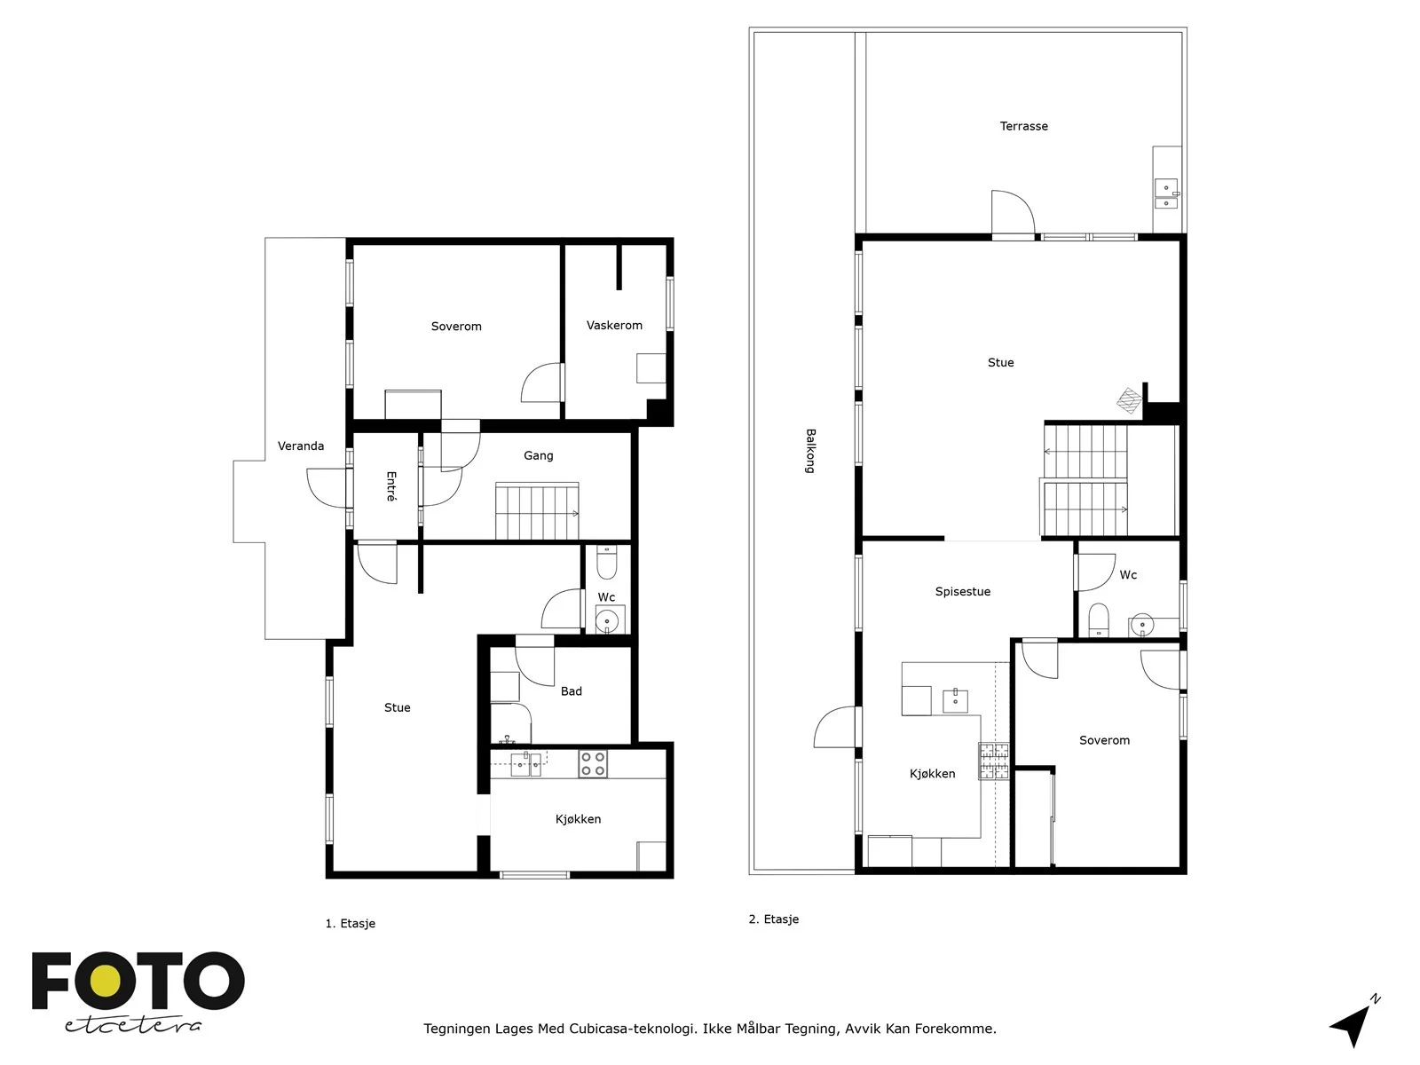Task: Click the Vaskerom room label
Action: coord(614,325)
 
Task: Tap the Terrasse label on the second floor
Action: coord(1023,126)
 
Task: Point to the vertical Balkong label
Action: coord(810,451)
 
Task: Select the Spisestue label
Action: coord(963,592)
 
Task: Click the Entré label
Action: coord(390,486)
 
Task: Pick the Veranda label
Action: coord(301,446)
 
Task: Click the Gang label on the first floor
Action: coord(538,456)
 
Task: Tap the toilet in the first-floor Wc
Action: coord(606,562)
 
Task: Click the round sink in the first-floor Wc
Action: coord(607,621)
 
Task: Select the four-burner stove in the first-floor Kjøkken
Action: coord(593,763)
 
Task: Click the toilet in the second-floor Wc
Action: coord(1099,620)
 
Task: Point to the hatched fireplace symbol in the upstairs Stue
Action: coord(1129,400)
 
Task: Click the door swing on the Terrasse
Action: coord(1014,213)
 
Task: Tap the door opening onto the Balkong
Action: coord(836,727)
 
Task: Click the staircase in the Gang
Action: coord(538,510)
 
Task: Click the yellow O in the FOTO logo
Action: coord(106,981)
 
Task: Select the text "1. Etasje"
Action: coord(350,923)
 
